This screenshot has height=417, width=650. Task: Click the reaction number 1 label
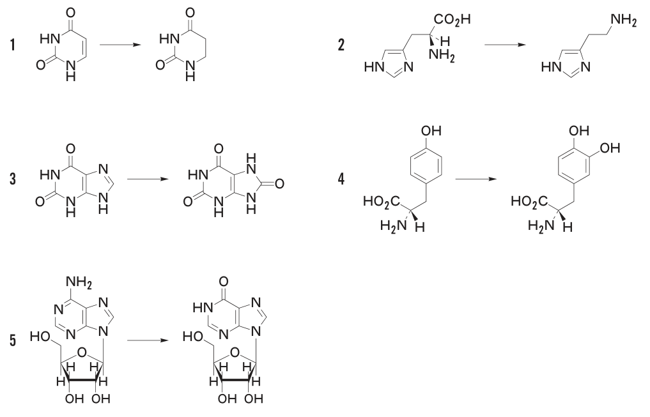[x=13, y=44]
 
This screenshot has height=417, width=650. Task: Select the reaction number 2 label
[x=341, y=44]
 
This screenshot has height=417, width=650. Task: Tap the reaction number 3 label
[x=13, y=179]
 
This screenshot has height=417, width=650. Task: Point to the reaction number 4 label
[x=341, y=179]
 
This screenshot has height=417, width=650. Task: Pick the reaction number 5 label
[x=13, y=340]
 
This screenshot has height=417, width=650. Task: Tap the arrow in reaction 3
[x=148, y=179]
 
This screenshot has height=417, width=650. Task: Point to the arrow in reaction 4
[x=476, y=179]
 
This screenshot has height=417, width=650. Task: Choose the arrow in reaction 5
[x=148, y=340]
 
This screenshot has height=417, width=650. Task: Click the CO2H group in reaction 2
[x=453, y=20]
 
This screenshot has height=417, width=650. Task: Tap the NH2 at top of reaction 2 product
[x=623, y=20]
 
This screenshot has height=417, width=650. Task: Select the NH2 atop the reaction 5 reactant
[x=79, y=284]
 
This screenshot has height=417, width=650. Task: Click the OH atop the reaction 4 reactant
[x=431, y=131]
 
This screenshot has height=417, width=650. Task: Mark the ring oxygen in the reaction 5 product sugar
[x=235, y=353]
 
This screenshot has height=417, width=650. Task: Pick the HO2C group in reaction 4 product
[x=529, y=202]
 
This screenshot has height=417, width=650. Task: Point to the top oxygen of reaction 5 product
[x=222, y=282]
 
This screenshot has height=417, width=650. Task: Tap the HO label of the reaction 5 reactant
[x=40, y=337]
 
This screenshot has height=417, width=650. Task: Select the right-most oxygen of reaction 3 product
[x=279, y=183]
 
